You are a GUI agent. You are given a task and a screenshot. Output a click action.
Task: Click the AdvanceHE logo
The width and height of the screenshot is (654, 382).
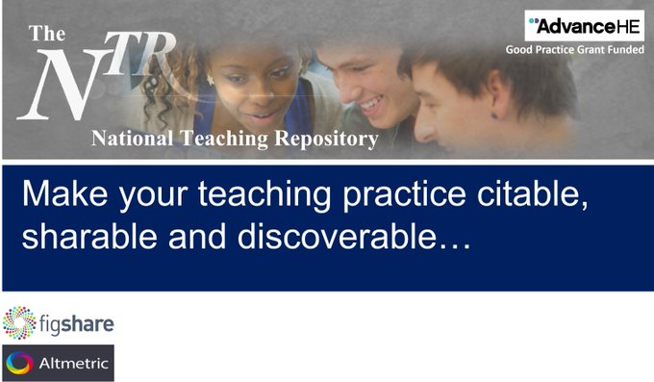[584, 26]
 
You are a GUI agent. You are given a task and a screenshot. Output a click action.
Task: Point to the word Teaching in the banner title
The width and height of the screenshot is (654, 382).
[220, 139]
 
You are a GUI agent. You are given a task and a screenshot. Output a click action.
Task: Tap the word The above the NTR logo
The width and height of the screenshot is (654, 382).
[46, 33]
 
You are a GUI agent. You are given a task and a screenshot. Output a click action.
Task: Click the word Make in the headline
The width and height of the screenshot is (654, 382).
[60, 195]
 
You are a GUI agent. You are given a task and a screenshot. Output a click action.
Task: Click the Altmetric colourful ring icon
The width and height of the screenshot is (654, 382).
[18, 364]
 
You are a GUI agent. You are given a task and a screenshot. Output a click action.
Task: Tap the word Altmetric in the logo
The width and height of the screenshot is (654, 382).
[71, 364]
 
